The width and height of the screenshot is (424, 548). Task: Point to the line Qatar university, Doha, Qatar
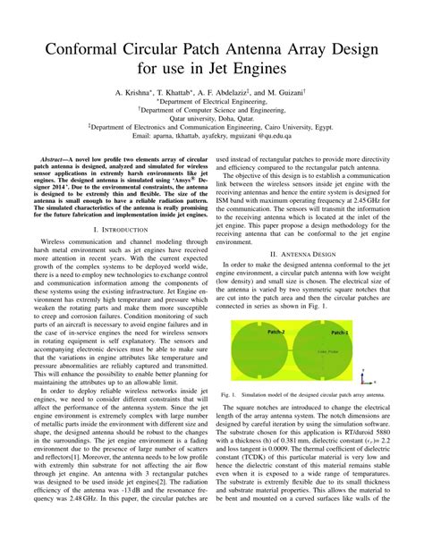point(211,117)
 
